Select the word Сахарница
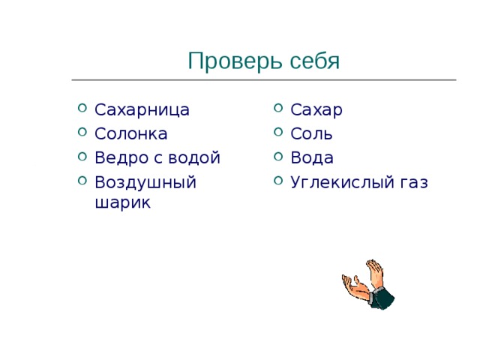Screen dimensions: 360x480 (x=142, y=109)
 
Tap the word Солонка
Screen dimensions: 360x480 (x=130, y=133)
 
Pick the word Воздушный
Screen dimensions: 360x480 (x=145, y=182)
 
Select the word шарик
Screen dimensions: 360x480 (x=123, y=202)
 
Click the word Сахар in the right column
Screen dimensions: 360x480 (x=316, y=109)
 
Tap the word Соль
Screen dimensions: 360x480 (x=311, y=133)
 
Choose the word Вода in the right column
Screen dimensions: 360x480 (x=312, y=157)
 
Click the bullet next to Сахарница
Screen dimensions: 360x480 (x=82, y=109)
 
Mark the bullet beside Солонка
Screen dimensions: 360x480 (x=82, y=133)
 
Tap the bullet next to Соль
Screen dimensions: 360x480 (x=278, y=133)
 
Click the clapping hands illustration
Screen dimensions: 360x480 (x=367, y=285)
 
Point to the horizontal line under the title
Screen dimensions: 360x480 (x=262, y=79)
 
